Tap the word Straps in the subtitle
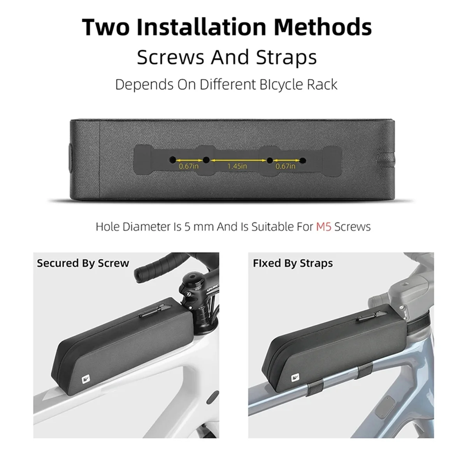tap(286, 57)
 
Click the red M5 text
tap(323, 226)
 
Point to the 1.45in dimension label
tap(237, 167)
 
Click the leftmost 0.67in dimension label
tap(189, 167)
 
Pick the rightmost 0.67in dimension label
tap(285, 167)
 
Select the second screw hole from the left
tap(205, 160)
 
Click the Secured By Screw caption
tap(83, 263)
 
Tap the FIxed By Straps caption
tap(293, 263)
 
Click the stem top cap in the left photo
tap(192, 277)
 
